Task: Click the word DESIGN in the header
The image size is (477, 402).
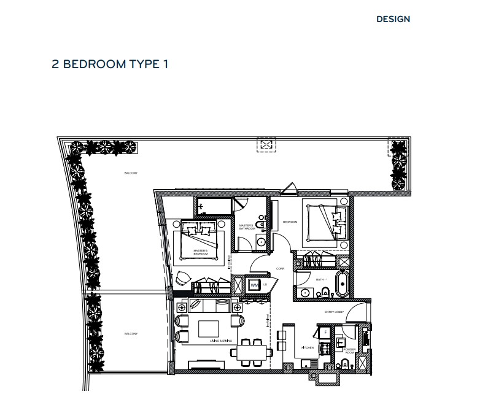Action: pyautogui.click(x=393, y=19)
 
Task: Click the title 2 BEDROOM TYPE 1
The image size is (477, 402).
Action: pyautogui.click(x=110, y=64)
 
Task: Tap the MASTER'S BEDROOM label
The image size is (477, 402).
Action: pyautogui.click(x=201, y=252)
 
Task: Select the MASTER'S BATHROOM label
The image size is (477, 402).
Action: pyautogui.click(x=247, y=227)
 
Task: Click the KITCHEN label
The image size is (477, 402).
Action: pyautogui.click(x=308, y=347)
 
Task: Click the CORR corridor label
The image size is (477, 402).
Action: pyautogui.click(x=279, y=269)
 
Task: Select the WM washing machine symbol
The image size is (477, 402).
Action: pyautogui.click(x=254, y=285)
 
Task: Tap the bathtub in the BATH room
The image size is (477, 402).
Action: pyautogui.click(x=343, y=284)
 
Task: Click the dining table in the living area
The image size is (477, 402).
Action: pyautogui.click(x=250, y=352)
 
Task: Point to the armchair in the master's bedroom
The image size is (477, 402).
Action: pyautogui.click(x=184, y=279)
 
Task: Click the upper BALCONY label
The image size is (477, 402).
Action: pyautogui.click(x=130, y=174)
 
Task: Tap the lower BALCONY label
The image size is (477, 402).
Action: pyautogui.click(x=130, y=334)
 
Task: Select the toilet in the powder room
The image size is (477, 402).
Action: pyautogui.click(x=344, y=365)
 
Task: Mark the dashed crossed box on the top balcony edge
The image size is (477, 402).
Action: pyautogui.click(x=266, y=145)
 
